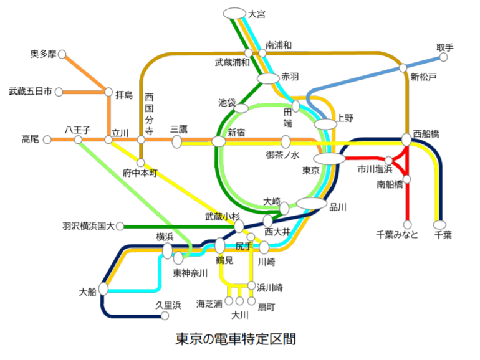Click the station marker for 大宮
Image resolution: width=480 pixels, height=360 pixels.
pyautogui.click(x=234, y=13)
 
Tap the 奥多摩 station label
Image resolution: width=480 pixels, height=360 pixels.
pyautogui.click(x=42, y=54)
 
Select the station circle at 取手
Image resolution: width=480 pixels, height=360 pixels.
pyautogui.click(x=443, y=57)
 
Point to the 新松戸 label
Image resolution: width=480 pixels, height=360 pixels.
pyautogui.click(x=423, y=77)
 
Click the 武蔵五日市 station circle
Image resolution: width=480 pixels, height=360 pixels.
pyautogui.click(x=59, y=92)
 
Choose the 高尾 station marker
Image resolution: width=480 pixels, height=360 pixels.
pyautogui.click(x=47, y=140)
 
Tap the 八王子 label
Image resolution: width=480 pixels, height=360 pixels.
pyautogui.click(x=78, y=130)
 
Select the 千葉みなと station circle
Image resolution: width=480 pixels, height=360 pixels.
pyautogui.click(x=407, y=224)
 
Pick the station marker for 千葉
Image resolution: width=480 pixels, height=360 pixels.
pyautogui.click(x=439, y=224)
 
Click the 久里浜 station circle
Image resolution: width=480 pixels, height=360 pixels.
pyautogui.click(x=165, y=316)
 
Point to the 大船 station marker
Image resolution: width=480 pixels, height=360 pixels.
pyautogui.click(x=103, y=289)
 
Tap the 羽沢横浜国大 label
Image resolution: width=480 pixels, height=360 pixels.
pyautogui.click(x=89, y=226)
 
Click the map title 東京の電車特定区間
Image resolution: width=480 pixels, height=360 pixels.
pyautogui.click(x=236, y=339)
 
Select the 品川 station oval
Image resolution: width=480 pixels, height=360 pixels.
pyautogui.click(x=312, y=203)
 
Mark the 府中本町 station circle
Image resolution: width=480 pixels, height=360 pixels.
pyautogui.click(x=141, y=163)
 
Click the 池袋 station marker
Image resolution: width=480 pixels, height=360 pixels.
pyautogui.click(x=241, y=108)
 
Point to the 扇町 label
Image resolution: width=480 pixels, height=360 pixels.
pyautogui.click(x=266, y=306)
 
